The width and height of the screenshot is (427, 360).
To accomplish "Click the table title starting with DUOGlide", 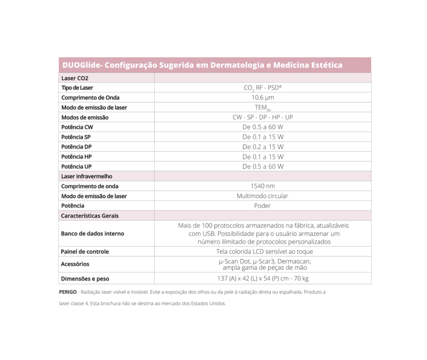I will pos(202,65).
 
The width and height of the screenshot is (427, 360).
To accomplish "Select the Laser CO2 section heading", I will pos(75,78).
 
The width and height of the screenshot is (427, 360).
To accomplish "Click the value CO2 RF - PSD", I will pos(263,88).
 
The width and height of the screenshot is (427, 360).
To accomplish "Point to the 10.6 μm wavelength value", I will pos(263,97).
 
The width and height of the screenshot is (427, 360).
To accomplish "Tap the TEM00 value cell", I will pos(263,107).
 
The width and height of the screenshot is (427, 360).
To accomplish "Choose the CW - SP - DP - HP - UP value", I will pos(263,117).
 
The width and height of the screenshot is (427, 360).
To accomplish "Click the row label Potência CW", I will pos(77,127).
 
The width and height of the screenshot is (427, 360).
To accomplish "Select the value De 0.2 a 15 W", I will pos(263,147).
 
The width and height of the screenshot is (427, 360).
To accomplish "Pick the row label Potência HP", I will pos(76,157).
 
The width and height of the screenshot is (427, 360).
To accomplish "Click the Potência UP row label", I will pos(76,166).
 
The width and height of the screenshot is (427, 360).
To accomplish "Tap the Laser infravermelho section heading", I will pos(87,176).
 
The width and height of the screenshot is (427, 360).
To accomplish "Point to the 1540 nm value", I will pos(263,186).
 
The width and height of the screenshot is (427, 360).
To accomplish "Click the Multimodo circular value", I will pos(263,196).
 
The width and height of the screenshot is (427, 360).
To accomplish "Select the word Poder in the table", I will pos(263,206).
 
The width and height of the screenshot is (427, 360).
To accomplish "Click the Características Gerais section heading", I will pos(90,216).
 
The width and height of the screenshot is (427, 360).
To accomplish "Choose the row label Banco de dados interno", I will pos(93,233).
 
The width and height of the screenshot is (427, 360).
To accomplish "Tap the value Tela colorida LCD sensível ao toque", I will pos(264,252).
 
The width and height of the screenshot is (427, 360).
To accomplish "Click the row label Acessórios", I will pos(75,264).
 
